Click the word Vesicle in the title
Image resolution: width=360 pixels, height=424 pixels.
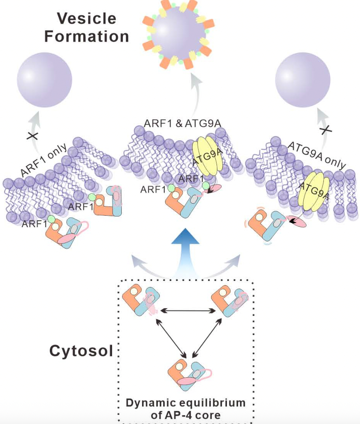tap(86, 18)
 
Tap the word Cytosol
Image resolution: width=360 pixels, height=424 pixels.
tap(81, 350)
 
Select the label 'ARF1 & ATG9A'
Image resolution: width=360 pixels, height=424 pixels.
tap(183, 123)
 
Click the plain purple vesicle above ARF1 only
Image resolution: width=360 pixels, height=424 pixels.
tap(44, 80)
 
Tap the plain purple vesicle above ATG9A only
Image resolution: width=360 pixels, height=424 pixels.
tap(303, 80)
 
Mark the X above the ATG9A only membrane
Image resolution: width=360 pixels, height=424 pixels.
tap(325, 130)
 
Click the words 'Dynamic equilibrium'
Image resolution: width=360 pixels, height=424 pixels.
tap(185, 403)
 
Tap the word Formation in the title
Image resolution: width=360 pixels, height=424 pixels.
tap(86, 36)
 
